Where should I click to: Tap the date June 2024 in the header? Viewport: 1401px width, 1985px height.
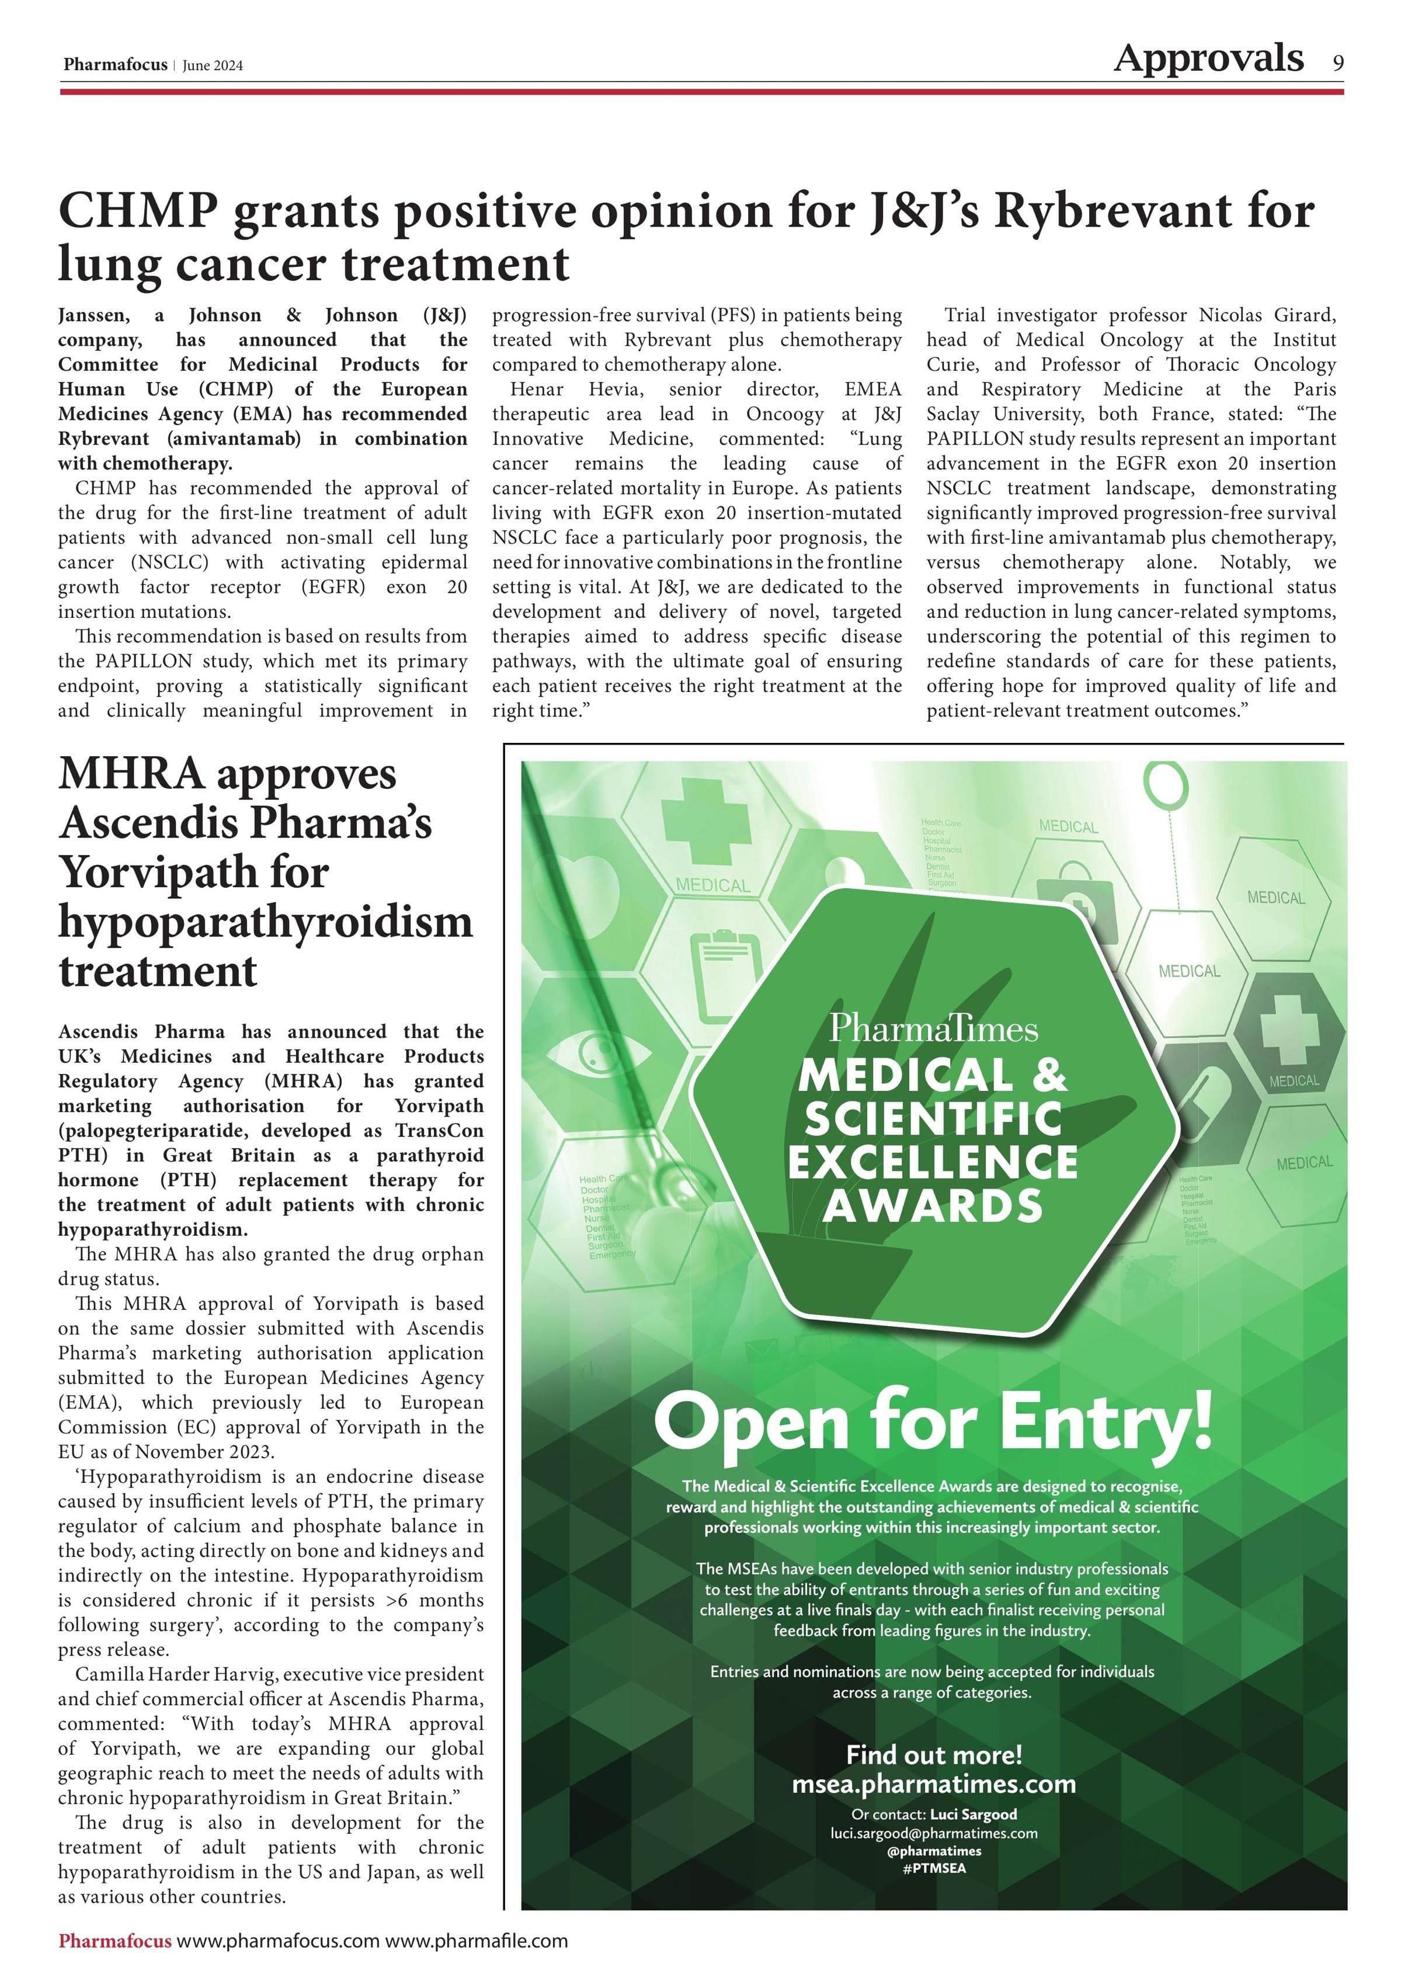coord(213,66)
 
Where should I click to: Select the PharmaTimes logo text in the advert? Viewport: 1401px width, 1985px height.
coord(933,1029)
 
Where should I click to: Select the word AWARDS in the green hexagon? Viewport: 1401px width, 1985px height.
coord(933,1206)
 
